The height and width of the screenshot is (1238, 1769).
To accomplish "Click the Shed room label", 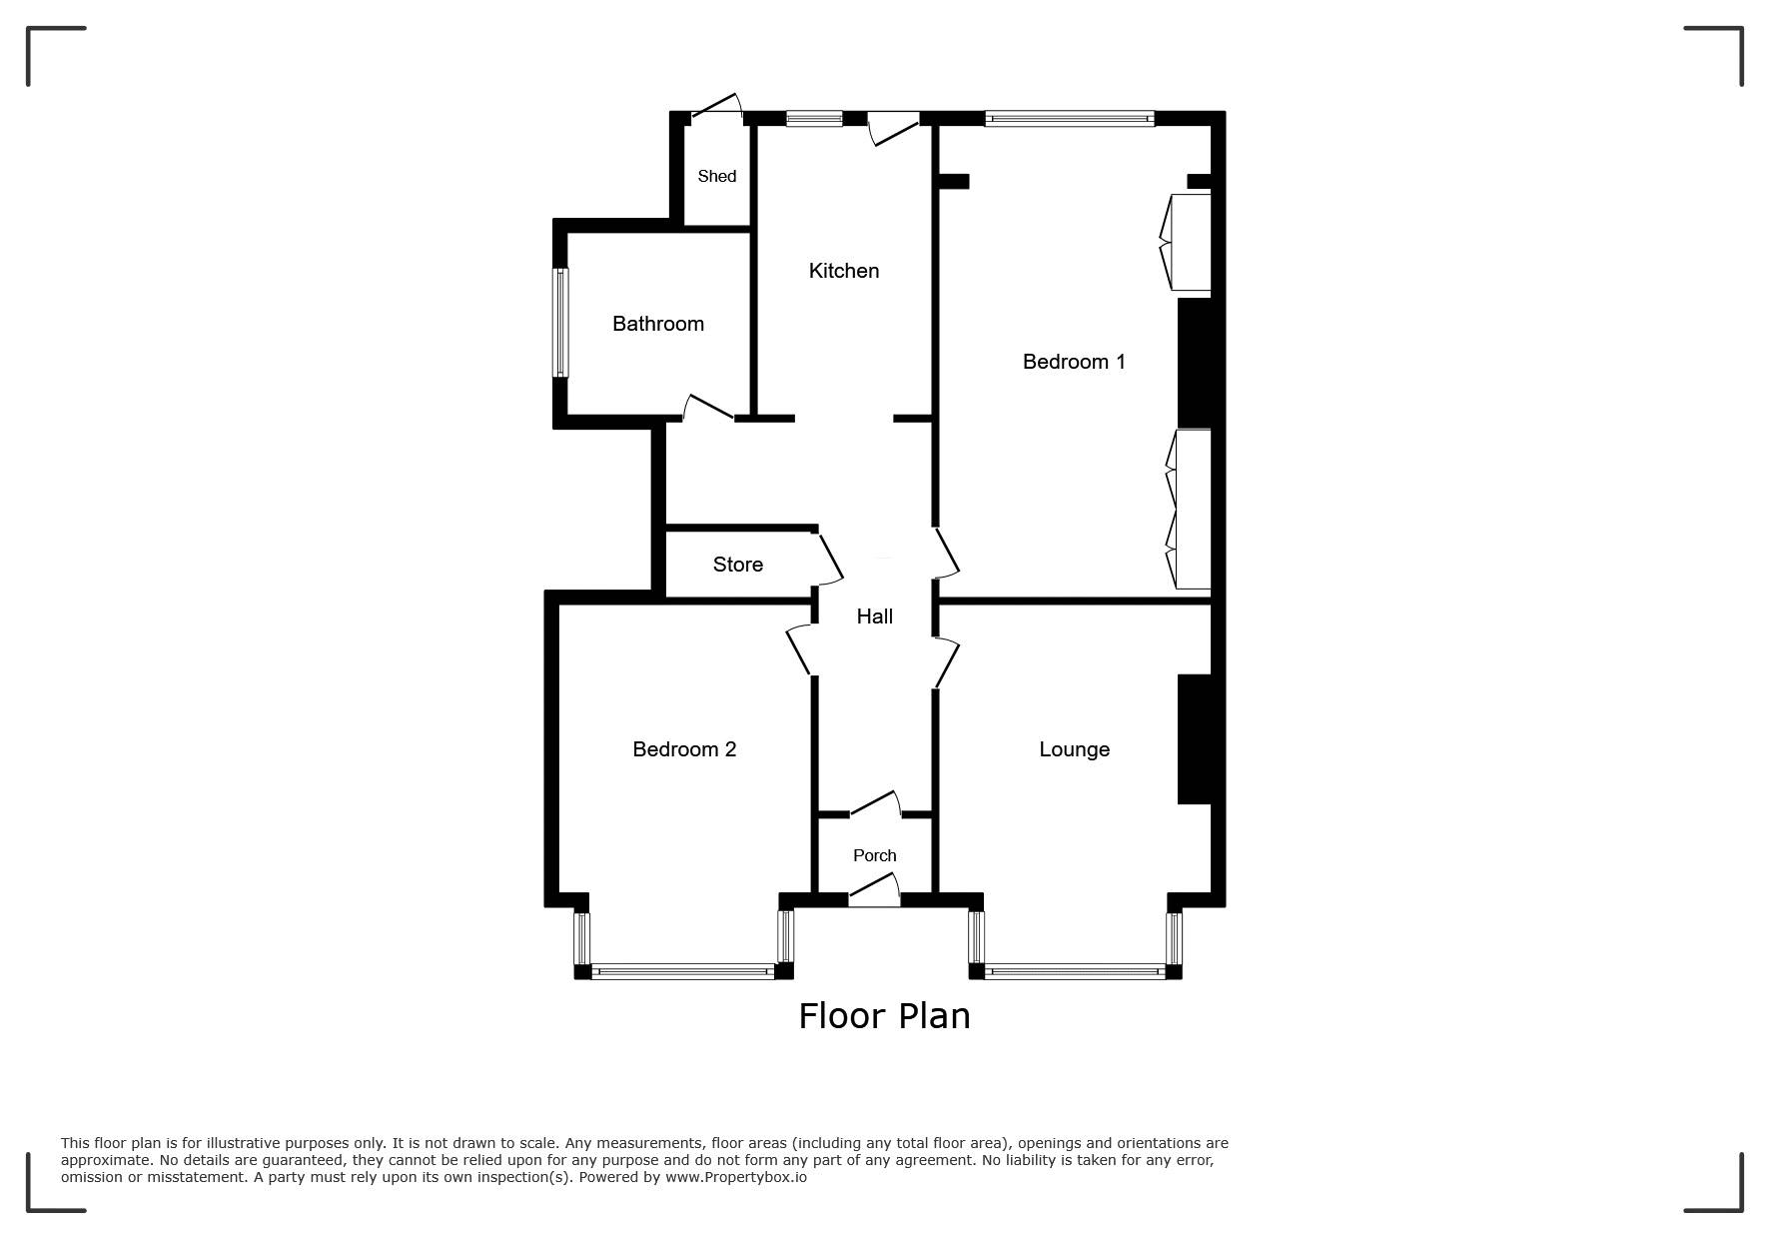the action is pyautogui.click(x=716, y=176).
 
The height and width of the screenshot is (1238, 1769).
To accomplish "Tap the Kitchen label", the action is pyautogui.click(x=844, y=271).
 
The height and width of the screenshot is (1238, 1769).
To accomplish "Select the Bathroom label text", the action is pyautogui.click(x=658, y=324).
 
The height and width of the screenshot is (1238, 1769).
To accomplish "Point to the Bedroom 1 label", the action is pyautogui.click(x=1074, y=362).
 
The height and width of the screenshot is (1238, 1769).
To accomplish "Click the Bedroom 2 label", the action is pyautogui.click(x=684, y=749).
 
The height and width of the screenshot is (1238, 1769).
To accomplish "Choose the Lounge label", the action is pyautogui.click(x=1075, y=749).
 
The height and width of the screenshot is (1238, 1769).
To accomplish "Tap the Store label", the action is pyautogui.click(x=738, y=565).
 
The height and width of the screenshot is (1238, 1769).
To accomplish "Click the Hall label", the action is pyautogui.click(x=875, y=617).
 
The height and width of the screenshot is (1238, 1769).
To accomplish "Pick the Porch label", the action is pyautogui.click(x=875, y=855).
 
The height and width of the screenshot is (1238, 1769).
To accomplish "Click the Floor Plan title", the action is pyautogui.click(x=884, y=1016).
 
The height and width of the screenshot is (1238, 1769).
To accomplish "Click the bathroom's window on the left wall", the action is pyautogui.click(x=561, y=323).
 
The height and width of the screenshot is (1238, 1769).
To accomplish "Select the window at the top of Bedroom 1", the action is pyautogui.click(x=1070, y=119).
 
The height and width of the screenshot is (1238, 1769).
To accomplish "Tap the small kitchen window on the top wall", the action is pyautogui.click(x=814, y=119).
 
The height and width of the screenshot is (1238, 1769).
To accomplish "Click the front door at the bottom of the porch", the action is pyautogui.click(x=875, y=889).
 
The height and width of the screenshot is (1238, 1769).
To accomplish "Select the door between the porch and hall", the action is pyautogui.click(x=875, y=803).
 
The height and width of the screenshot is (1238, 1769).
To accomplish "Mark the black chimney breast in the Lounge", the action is pyautogui.click(x=1195, y=739).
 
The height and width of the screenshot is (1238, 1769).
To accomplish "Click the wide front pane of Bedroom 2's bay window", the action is pyautogui.click(x=683, y=970).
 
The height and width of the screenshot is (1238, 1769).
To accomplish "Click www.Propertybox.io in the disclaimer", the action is pyautogui.click(x=736, y=1177).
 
